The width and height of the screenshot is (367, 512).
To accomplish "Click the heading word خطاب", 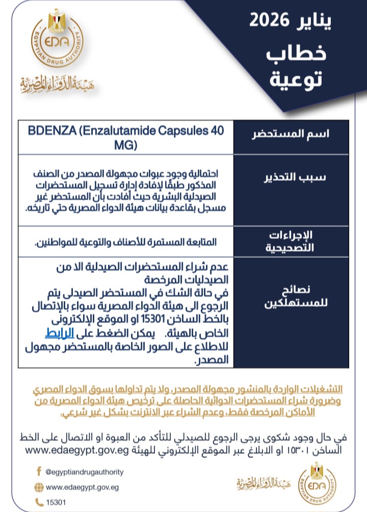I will coord(297,54).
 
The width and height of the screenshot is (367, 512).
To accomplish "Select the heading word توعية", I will coord(297,79).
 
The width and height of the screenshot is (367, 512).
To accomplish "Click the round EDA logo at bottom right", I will coord(317,481).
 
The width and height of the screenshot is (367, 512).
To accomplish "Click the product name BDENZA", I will coord(53,131).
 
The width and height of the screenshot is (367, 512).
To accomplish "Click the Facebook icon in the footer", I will coord(39,471).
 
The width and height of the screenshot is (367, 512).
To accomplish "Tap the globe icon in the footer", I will coord(39,487).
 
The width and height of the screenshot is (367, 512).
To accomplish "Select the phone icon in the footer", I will coord(39,502).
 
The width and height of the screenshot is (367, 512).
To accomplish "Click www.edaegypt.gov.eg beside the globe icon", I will coord(82,487).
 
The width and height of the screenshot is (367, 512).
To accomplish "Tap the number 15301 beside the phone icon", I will coord(56,502).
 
